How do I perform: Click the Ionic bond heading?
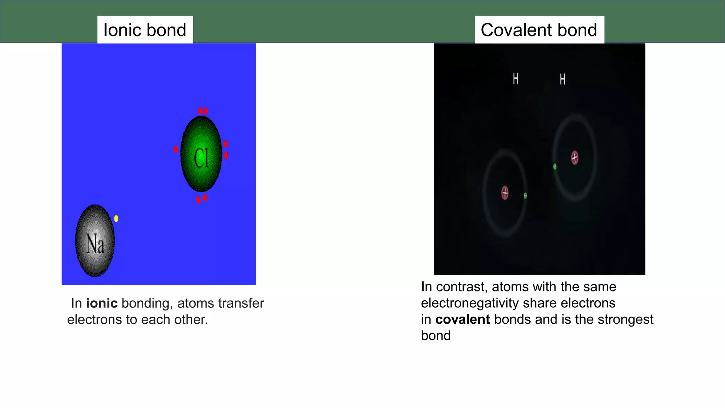coord(145,30)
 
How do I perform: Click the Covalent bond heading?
coord(539,30)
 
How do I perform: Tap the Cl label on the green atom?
coord(201,158)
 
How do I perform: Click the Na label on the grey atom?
coord(95,244)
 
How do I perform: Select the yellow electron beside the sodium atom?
coord(116,219)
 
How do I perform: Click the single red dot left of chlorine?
coord(176,149)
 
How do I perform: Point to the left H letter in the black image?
coord(516,79)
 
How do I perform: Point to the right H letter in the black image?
coord(563,79)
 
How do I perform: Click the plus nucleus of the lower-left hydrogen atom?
coord(505,193)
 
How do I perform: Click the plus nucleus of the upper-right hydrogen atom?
coord(575,158)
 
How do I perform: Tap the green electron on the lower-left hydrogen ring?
coord(525,195)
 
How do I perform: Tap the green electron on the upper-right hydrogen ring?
coord(555,166)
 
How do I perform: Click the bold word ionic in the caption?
coord(102,303)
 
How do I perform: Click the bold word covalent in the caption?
coord(462,319)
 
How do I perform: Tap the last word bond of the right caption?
coord(435,336)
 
